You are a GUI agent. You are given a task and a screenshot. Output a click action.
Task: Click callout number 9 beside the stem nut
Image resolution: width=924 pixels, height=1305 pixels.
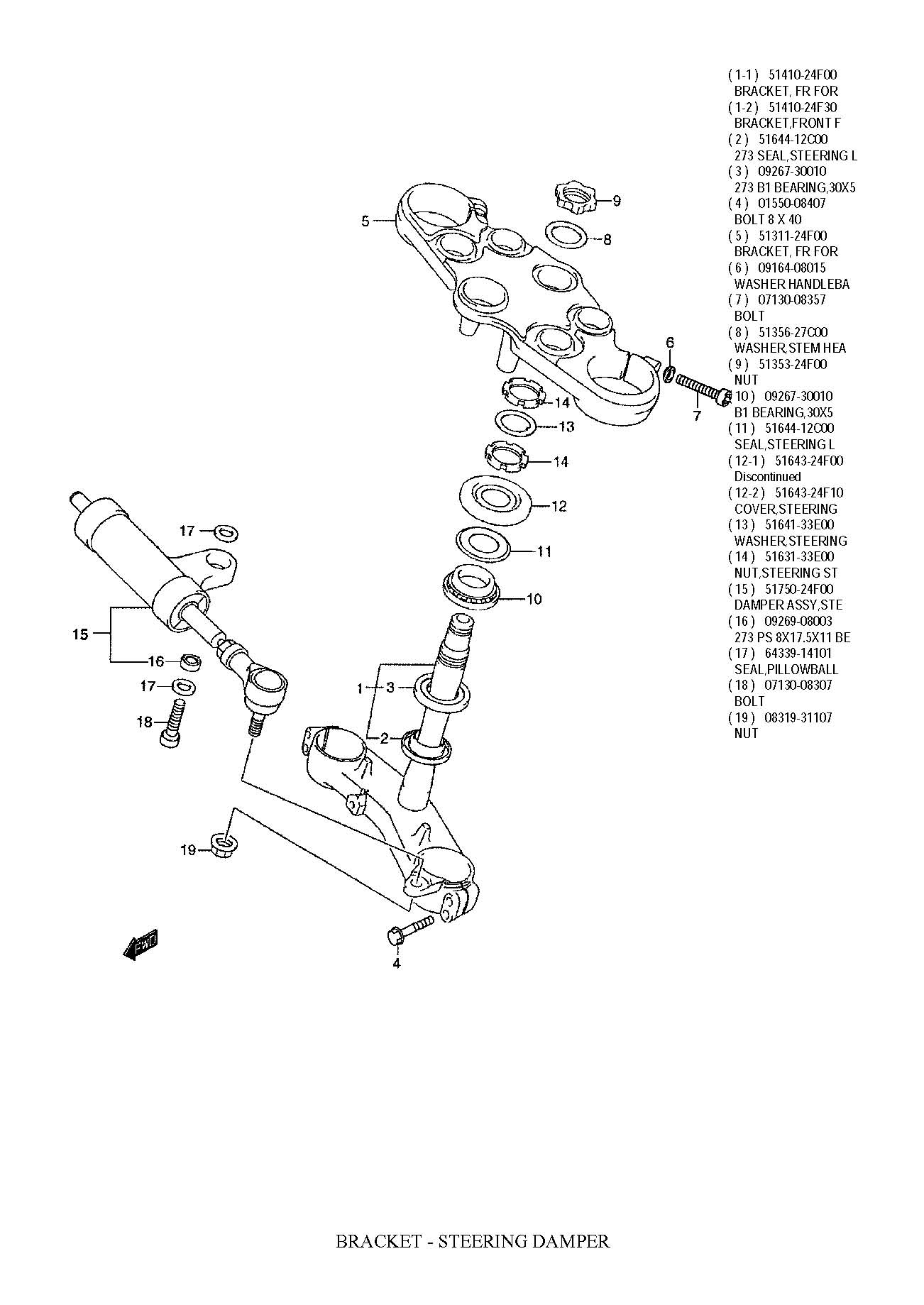click(x=616, y=201)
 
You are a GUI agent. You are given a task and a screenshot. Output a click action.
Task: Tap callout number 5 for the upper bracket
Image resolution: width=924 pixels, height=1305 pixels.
click(x=365, y=221)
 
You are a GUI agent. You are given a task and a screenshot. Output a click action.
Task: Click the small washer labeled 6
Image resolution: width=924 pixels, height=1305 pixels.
click(x=669, y=372)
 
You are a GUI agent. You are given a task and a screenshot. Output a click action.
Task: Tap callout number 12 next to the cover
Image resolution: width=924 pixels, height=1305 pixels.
click(x=559, y=506)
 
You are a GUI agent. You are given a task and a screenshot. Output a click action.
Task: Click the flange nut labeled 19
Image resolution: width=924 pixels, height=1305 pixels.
click(x=224, y=844)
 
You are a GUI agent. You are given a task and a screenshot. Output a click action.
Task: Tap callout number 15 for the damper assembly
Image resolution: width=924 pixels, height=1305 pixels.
click(x=80, y=634)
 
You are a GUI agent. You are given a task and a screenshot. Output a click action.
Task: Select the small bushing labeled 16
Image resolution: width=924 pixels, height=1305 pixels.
click(x=189, y=661)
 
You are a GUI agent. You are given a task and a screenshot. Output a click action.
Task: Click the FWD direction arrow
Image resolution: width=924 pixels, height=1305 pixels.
click(x=141, y=944)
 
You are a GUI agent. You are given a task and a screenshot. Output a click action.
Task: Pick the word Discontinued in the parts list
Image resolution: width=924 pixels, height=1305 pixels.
click(x=767, y=477)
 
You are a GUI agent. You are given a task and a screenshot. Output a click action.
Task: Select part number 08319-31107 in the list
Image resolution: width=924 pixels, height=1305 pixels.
click(x=798, y=717)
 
